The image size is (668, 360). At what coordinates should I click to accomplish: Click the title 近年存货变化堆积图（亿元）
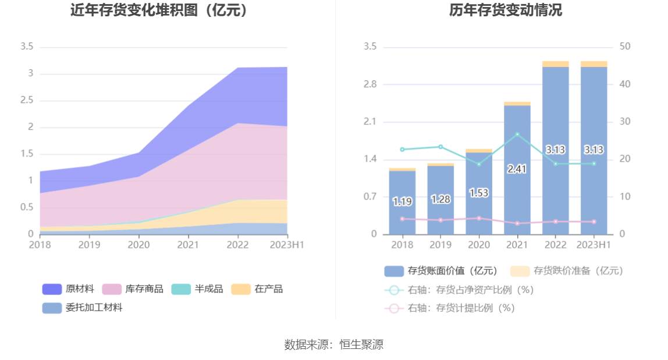click(x=159, y=10)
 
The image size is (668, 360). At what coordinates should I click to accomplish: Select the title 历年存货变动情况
click(x=505, y=10)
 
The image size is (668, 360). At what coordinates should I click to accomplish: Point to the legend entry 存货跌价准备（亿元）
click(x=567, y=271)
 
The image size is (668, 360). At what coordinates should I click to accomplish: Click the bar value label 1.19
click(x=402, y=202)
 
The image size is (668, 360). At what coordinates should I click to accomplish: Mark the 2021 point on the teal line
click(x=517, y=134)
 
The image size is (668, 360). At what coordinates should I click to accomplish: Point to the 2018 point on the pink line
click(x=402, y=219)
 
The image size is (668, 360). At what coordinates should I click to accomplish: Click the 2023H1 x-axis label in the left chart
click(x=287, y=245)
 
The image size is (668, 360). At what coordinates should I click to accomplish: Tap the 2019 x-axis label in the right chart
click(x=440, y=245)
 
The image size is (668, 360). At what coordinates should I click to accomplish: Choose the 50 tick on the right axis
click(x=624, y=47)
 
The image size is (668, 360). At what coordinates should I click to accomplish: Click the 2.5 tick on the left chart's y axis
click(x=27, y=101)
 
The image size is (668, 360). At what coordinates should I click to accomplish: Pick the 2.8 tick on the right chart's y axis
click(x=370, y=84)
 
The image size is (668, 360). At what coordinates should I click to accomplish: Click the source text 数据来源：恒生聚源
click(x=334, y=344)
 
